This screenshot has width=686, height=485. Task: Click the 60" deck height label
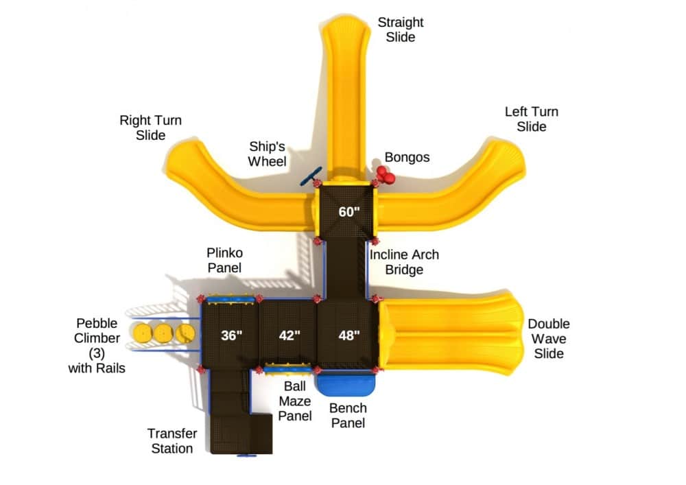click(348, 212)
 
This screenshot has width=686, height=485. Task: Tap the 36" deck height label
click(231, 335)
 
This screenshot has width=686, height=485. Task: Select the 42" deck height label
click(289, 335)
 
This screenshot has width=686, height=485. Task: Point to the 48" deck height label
click(348, 335)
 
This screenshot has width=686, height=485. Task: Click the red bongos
click(385, 175)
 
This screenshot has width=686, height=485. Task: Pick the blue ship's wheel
click(311, 176)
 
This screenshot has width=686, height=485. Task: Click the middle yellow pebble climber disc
click(163, 333)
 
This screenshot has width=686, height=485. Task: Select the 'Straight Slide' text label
click(401, 29)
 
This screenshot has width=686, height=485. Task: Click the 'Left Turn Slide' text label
click(532, 119)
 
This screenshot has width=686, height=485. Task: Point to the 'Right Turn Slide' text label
click(150, 128)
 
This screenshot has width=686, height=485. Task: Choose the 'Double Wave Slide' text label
click(549, 338)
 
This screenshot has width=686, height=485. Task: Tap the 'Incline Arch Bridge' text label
click(404, 262)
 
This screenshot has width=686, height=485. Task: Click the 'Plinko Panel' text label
click(224, 260)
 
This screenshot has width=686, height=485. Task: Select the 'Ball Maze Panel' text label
click(295, 401)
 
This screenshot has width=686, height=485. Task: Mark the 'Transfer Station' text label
click(172, 441)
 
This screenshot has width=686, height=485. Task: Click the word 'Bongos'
click(407, 157)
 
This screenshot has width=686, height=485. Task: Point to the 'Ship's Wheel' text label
click(267, 154)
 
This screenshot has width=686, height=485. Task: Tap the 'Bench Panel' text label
click(348, 416)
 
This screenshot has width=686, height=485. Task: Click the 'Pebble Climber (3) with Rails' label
click(97, 346)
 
